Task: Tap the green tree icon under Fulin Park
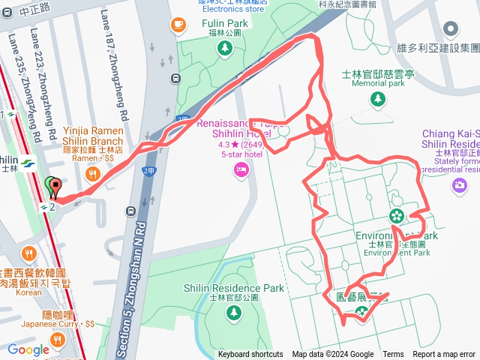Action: (223, 49)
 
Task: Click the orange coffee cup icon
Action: (178, 25)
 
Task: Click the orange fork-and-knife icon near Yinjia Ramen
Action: (94, 174)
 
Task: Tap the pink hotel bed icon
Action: (241, 170)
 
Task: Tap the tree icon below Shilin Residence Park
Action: (235, 311)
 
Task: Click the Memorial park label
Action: (378, 83)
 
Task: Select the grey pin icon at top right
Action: (451, 29)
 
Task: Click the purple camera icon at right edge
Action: (460, 184)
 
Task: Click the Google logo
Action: (28, 349)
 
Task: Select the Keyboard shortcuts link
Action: (250, 355)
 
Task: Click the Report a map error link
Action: (444, 355)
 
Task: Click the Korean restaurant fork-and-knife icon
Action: (29, 252)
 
